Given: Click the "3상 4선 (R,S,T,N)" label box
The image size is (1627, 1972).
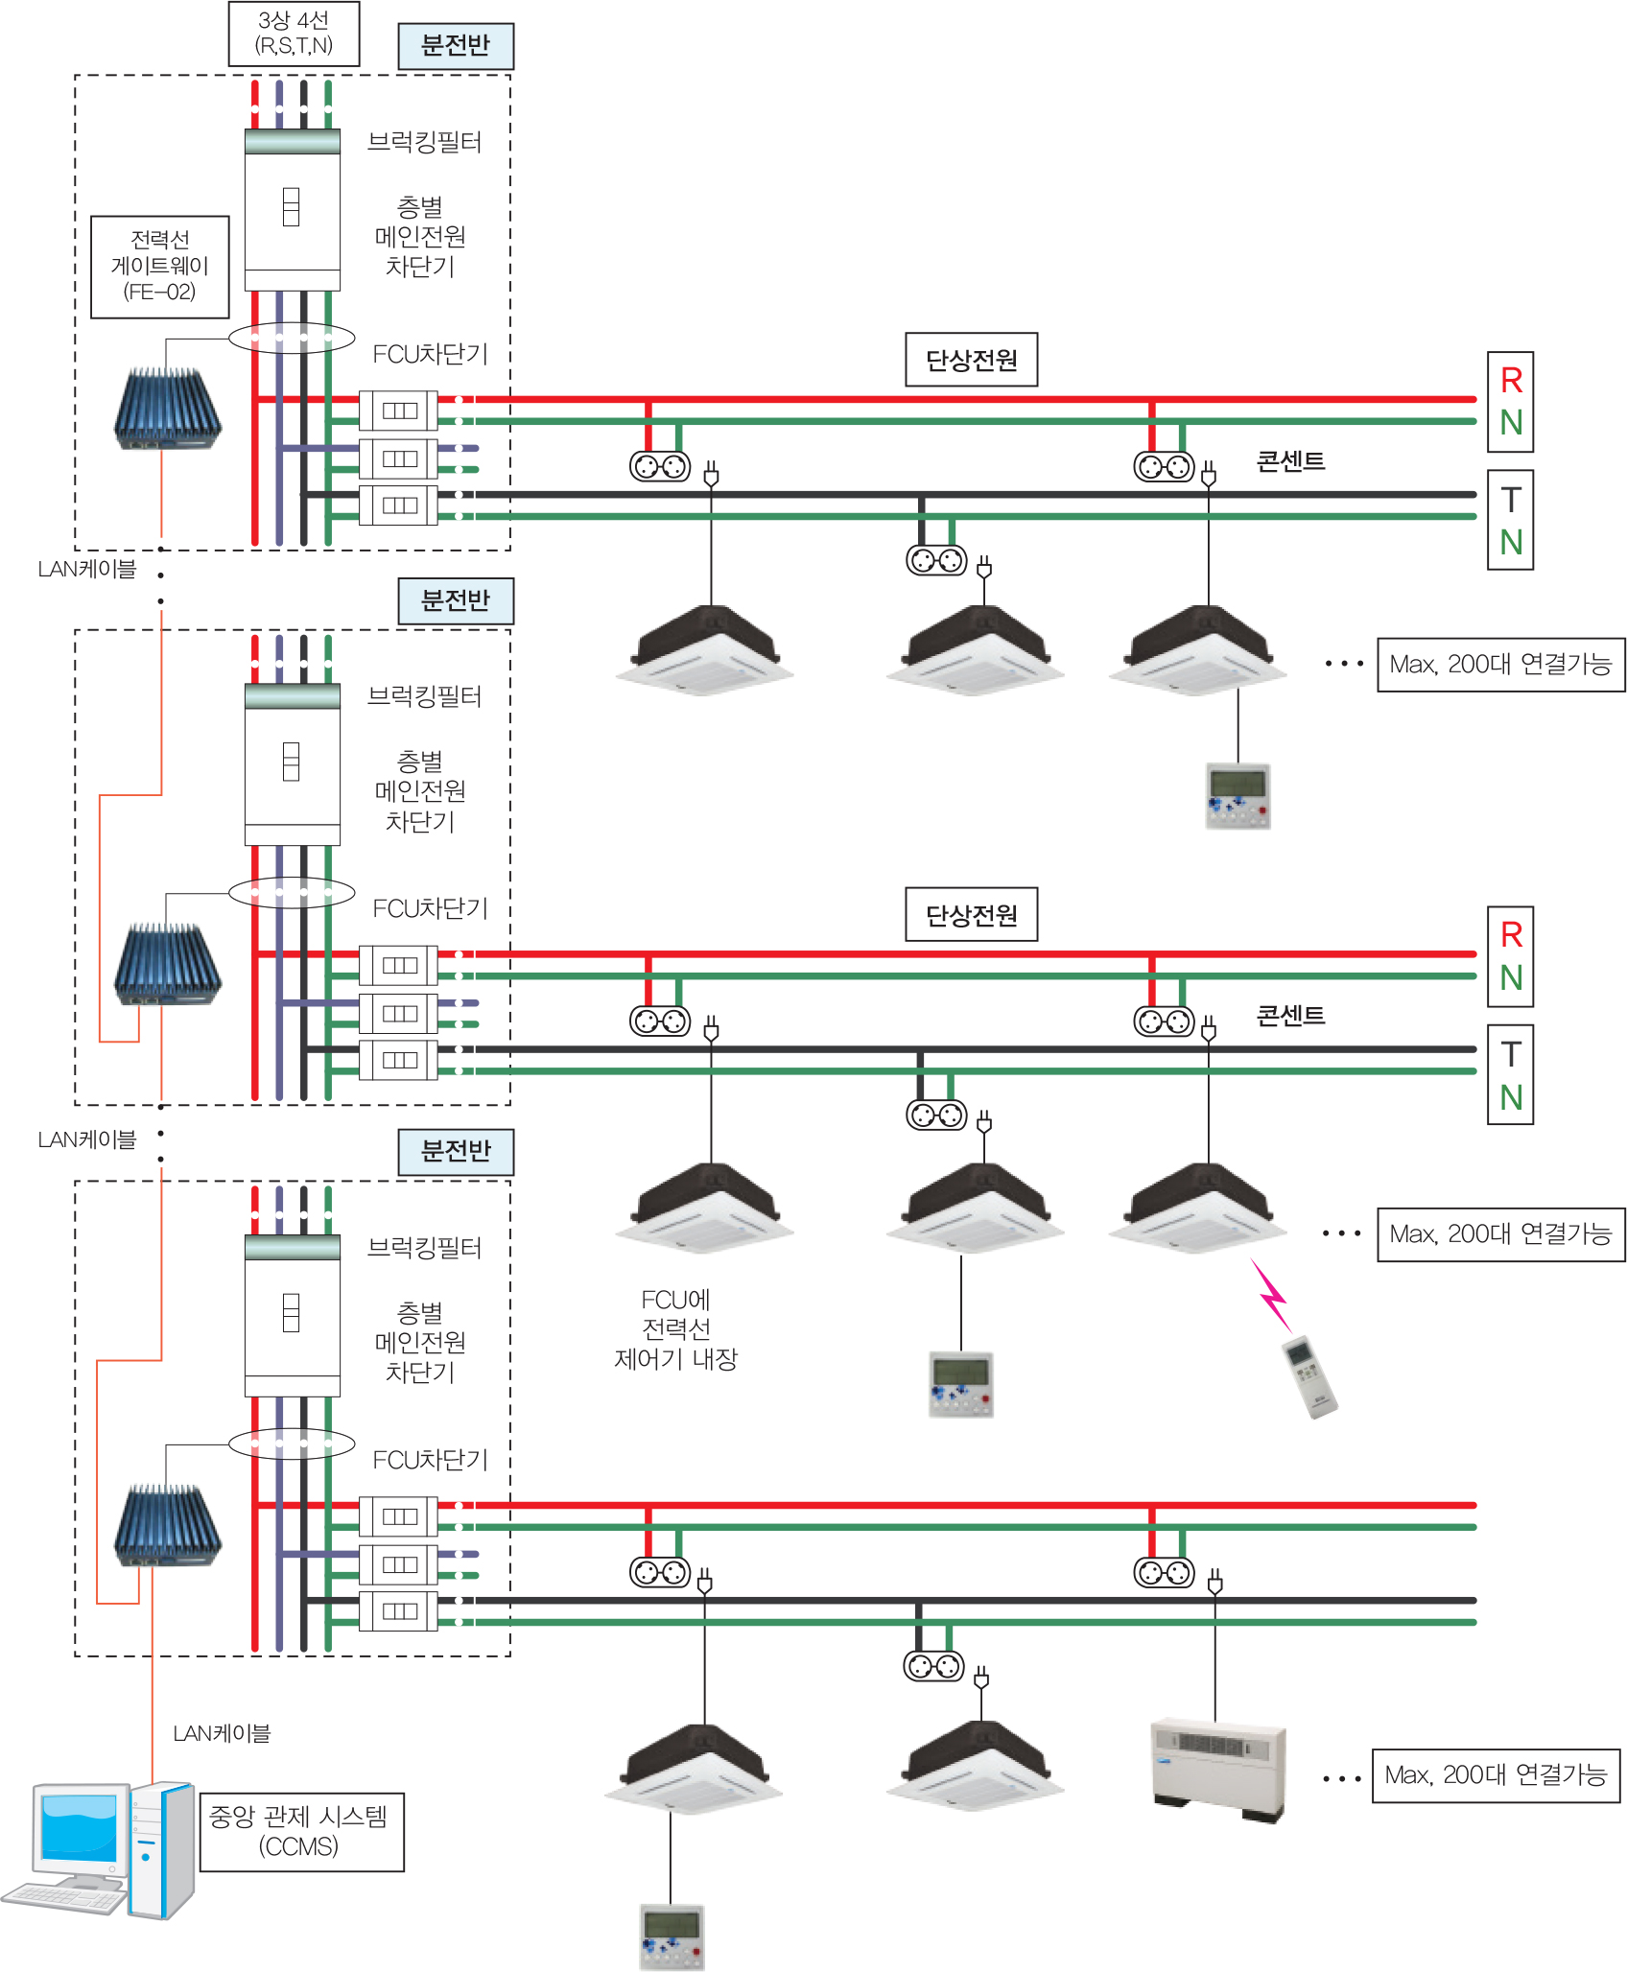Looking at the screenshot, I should pos(294,34).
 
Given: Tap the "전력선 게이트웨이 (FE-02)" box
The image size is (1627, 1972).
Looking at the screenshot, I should pos(160,266).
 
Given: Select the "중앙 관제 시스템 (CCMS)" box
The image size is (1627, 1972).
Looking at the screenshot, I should pos(301,1831).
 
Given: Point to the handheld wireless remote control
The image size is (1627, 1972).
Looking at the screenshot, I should pos(1309,1377).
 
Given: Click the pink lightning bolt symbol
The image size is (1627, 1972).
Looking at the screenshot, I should pos(1272,1295).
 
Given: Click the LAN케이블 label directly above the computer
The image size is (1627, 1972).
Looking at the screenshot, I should pos(222,1733).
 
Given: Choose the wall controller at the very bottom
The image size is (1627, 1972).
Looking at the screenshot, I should pos(672,1937).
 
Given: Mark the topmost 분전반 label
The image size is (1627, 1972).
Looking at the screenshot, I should pos(456,46).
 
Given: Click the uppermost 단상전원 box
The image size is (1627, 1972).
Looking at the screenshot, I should pos(971,360).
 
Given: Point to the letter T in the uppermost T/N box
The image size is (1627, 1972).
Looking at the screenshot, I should pos(1511,500).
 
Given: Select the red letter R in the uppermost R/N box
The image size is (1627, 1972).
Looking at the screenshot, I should pos(1511,381).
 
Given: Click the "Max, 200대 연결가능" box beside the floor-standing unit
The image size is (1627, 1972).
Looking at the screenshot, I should pos(1496,1775).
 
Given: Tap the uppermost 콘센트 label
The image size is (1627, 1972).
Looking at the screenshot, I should pos(1290,461).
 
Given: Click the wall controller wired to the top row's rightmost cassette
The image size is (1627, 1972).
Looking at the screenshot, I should pos(1238,796).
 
